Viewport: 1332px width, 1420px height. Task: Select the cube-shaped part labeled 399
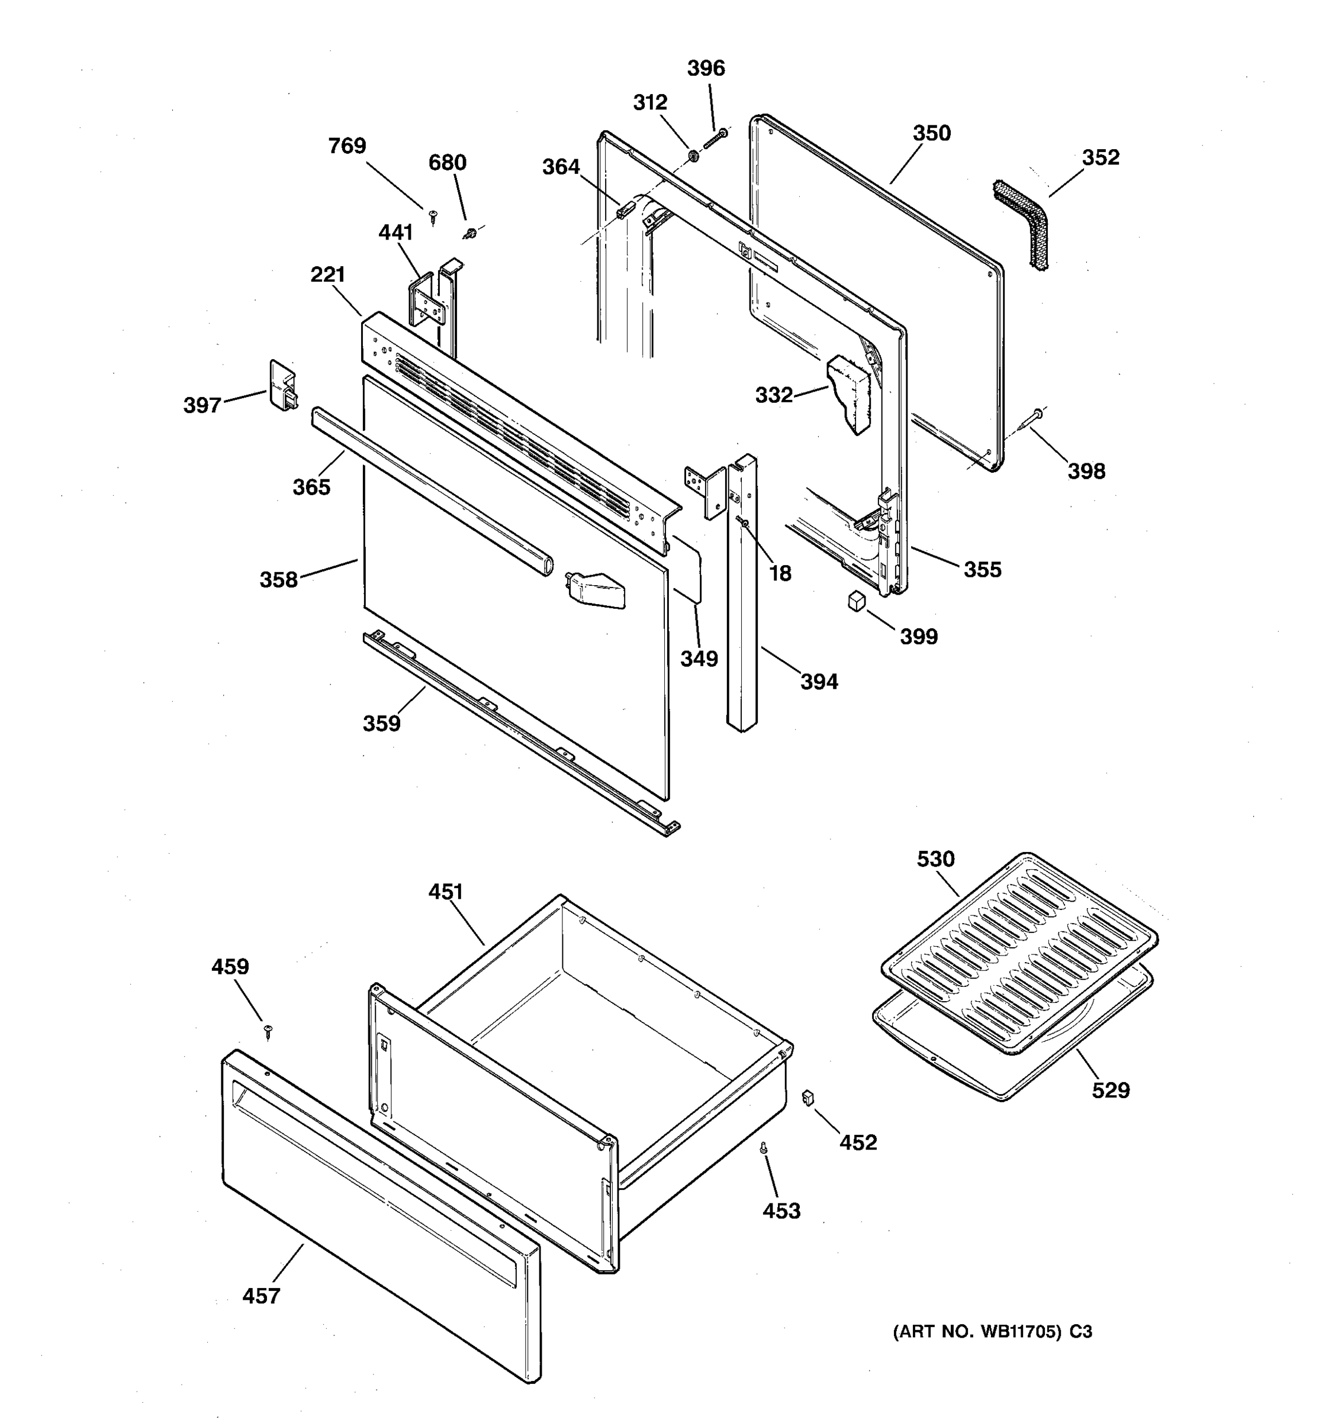tap(855, 601)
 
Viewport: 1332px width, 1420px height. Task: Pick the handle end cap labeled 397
tap(282, 385)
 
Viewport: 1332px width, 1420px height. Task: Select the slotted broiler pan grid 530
tap(1018, 951)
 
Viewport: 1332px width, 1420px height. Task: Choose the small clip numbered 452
tap(808, 1097)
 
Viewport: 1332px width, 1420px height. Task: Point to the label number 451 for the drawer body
tap(446, 892)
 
